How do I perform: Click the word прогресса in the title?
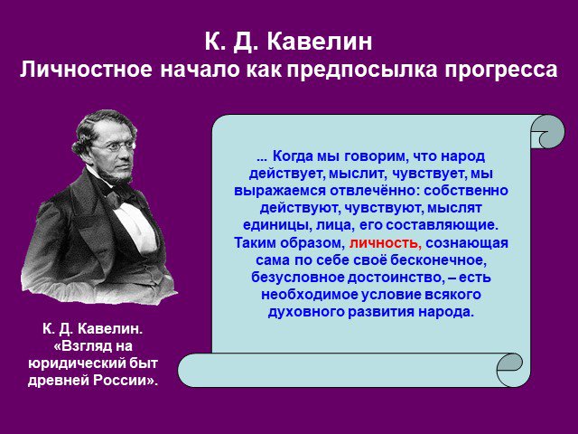(x=501, y=70)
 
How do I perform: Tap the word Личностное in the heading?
(x=86, y=70)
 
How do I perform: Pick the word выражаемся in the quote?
(x=280, y=191)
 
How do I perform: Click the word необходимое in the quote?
(x=310, y=295)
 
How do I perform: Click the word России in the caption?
(x=125, y=381)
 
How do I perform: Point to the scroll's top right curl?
(x=548, y=131)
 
